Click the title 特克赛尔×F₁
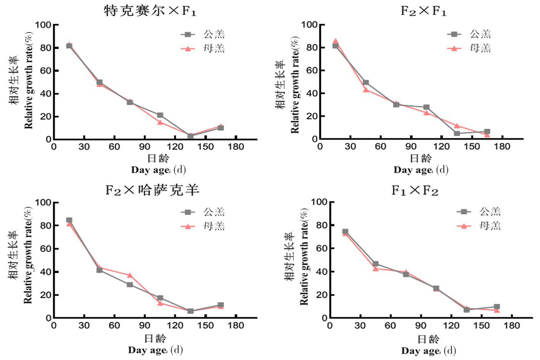[150, 10]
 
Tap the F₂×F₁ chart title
[423, 10]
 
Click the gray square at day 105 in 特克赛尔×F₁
[160, 115]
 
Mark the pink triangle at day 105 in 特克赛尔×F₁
[160, 122]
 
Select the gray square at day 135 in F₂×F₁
[457, 133]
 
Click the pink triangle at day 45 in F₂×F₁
[365, 90]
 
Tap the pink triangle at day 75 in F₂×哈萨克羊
[130, 275]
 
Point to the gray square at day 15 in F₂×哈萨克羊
[69, 220]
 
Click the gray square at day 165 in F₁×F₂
[497, 307]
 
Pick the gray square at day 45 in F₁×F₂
[375, 264]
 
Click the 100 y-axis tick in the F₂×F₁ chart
[309, 25]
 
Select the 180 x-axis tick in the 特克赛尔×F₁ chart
[236, 147]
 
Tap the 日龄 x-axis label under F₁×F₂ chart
[428, 339]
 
